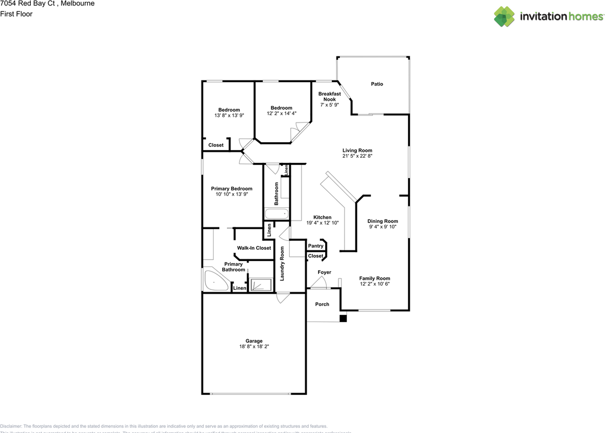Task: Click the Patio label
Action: coord(377,84)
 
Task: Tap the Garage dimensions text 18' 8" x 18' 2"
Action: coord(254,347)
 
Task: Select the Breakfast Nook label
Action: coord(329,97)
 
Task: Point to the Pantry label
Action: coord(316,246)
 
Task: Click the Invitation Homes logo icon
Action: coord(504,17)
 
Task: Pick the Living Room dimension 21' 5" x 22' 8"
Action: coord(357,156)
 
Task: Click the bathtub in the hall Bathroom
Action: coord(276,214)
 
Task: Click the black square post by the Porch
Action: coord(343,319)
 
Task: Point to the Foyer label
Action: coord(324,272)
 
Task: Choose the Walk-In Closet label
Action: coord(254,248)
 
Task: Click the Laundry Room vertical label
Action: coord(282,263)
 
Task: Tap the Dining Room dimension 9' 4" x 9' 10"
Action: coord(383,227)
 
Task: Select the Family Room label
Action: coord(374,279)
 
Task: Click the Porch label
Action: coord(322,304)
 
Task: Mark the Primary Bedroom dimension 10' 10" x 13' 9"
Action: coord(232,194)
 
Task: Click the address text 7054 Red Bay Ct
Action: coord(28,3)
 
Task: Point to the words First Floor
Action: coord(17,14)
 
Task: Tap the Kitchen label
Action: coord(322,217)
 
